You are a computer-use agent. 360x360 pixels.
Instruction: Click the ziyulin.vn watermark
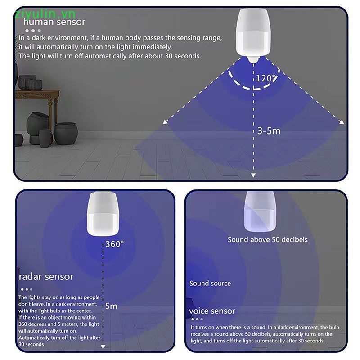tap(45, 14)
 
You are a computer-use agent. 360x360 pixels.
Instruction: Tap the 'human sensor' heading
tap(54, 22)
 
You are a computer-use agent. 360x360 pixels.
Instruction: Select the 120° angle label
tap(266, 78)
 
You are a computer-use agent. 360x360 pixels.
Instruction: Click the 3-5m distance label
tap(269, 131)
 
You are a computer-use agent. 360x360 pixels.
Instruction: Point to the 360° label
tap(115, 244)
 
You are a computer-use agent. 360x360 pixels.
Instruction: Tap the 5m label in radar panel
tap(111, 306)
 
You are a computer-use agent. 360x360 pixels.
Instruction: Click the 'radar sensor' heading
tap(46, 277)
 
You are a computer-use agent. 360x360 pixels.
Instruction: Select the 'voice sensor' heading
tap(212, 311)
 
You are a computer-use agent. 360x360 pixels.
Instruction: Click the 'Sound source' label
tap(210, 283)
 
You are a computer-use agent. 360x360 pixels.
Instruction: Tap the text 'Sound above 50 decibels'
tap(267, 240)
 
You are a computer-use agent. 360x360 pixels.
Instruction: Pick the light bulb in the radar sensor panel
tap(103, 214)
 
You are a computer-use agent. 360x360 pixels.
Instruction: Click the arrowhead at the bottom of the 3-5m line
tap(253, 175)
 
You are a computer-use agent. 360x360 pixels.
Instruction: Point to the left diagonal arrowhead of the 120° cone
tap(165, 122)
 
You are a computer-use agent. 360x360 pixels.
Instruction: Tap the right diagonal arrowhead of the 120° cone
tap(342, 122)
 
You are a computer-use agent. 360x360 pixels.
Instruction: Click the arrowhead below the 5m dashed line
tap(103, 346)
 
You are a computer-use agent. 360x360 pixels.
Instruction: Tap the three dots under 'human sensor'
tap(33, 31)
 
